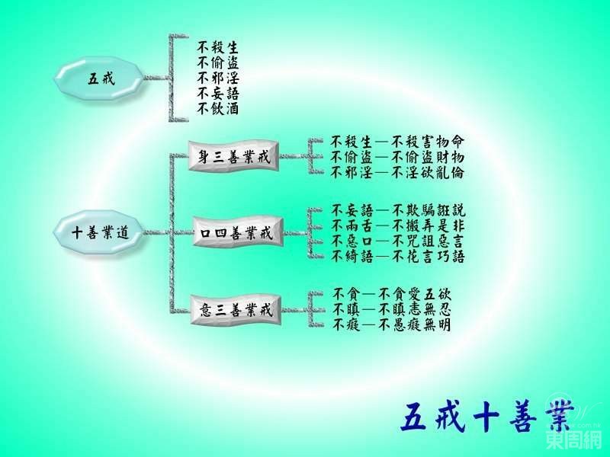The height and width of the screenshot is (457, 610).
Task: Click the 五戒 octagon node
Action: pos(99,78)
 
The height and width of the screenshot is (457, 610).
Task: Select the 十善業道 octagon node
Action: pos(99,232)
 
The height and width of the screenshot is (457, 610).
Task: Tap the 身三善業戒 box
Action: pos(234,156)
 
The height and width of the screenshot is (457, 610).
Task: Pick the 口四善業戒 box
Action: pos(238,232)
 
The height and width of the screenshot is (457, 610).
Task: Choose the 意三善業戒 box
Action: pos(236,310)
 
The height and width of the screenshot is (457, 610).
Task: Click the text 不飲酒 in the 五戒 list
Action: pos(217,109)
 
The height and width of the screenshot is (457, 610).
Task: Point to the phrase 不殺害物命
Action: pos(428,142)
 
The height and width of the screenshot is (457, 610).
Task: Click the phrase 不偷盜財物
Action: pos(428,157)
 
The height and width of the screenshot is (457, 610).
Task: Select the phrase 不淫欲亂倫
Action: pos(428,172)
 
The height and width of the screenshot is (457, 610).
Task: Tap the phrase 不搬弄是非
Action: pos(429,225)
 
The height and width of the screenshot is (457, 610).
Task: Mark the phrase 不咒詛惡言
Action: pos(429,241)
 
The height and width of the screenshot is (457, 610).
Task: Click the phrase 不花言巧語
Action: pos(429,257)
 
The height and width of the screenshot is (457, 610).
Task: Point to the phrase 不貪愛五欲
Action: pos(415,294)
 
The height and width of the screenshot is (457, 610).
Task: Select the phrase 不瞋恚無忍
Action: pos(415,309)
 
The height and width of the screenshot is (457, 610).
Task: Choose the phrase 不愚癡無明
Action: pos(415,324)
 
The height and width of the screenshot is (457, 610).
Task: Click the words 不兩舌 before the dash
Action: pos(352,225)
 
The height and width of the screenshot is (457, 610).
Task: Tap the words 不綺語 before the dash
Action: pos(352,257)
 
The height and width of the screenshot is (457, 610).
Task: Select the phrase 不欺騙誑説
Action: pos(429,211)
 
